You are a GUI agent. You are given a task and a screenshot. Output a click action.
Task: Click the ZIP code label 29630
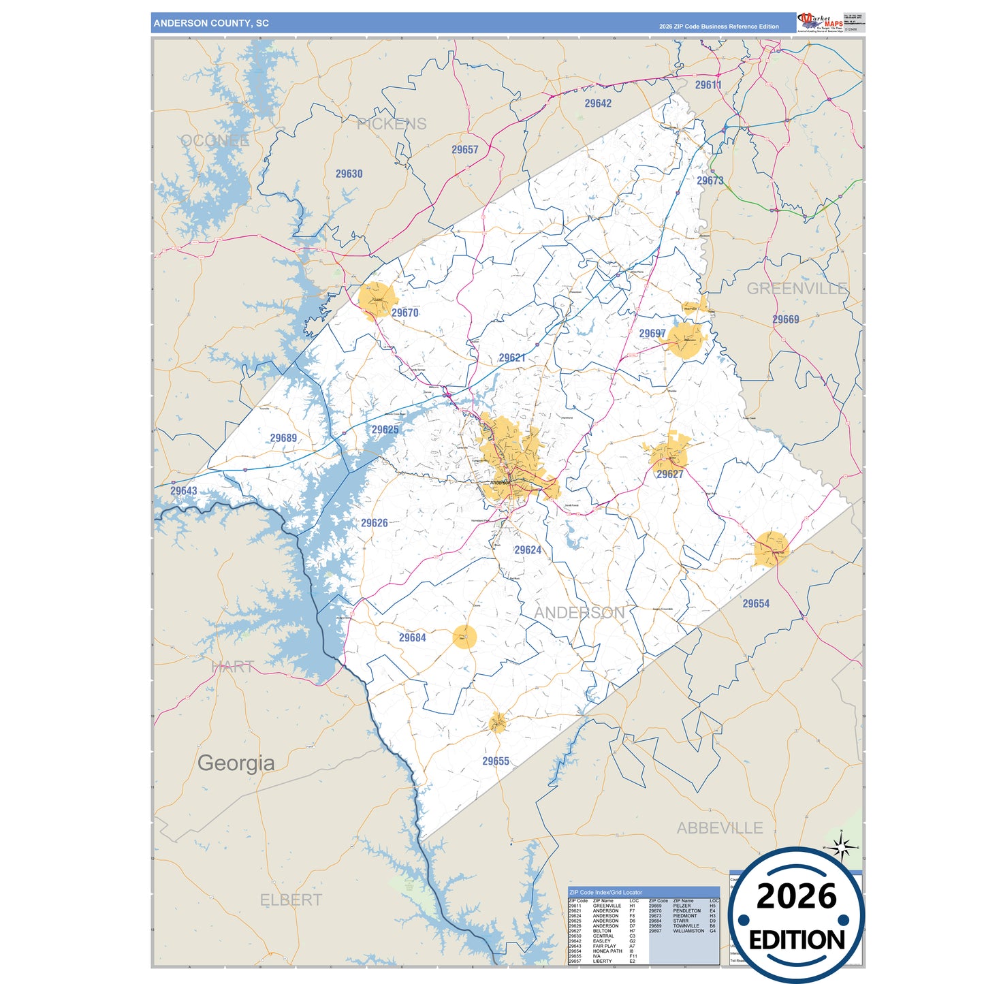pyautogui.click(x=349, y=174)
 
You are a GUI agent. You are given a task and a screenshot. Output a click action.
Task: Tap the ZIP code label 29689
pyautogui.click(x=283, y=438)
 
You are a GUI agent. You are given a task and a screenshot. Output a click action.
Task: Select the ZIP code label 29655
pyautogui.click(x=496, y=761)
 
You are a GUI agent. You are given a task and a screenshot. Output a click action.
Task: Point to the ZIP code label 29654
pyautogui.click(x=756, y=603)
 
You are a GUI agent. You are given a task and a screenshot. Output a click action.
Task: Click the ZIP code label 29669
pyautogui.click(x=785, y=319)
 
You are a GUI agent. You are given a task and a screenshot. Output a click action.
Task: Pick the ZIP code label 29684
pyautogui.click(x=412, y=638)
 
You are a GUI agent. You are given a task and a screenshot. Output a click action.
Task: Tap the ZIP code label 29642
pyautogui.click(x=598, y=104)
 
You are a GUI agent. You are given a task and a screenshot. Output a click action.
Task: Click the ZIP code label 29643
pyautogui.click(x=183, y=491)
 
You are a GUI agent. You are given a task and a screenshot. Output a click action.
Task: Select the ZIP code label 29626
pyautogui.click(x=374, y=523)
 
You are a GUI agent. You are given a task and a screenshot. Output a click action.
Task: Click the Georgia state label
pyautogui.click(x=236, y=763)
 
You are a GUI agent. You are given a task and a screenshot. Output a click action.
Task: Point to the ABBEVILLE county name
pyautogui.click(x=719, y=828)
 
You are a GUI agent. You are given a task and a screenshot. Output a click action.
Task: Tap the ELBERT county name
pyautogui.click(x=291, y=900)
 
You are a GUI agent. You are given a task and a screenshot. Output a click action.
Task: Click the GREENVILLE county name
pyautogui.click(x=797, y=289)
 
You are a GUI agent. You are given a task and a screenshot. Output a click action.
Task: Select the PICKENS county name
pyautogui.click(x=392, y=124)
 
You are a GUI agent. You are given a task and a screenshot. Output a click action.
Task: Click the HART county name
pyautogui.click(x=232, y=667)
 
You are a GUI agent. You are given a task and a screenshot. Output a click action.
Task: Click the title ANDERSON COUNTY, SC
pyautogui.click(x=211, y=23)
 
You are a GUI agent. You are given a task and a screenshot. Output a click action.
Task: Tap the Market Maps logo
pyautogui.click(x=820, y=22)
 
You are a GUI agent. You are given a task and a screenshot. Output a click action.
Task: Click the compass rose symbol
pyautogui.click(x=842, y=848)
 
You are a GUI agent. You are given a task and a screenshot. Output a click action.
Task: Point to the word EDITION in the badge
pyautogui.click(x=796, y=940)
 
